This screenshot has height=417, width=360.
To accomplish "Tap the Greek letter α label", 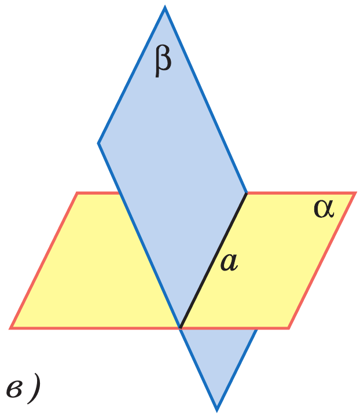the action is [x=324, y=209].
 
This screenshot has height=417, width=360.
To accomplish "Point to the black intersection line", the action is [x=214, y=261].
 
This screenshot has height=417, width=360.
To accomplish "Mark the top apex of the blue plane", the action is [x=164, y=8].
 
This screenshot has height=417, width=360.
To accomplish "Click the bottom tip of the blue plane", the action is [x=217, y=409].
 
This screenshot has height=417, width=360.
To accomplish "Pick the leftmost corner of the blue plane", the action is [x=98, y=142].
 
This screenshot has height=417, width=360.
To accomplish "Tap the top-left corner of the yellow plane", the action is [x=77, y=193].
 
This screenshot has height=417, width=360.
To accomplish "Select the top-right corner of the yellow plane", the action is [x=354, y=193].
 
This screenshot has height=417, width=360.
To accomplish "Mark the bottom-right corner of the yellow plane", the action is [x=289, y=328].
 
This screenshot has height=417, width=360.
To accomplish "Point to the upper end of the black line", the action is [x=247, y=193].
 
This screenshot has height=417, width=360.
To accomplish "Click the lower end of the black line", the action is [x=181, y=328].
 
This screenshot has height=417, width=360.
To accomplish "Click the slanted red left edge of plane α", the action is [x=44, y=261].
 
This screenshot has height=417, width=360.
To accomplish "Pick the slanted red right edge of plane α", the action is [x=321, y=261].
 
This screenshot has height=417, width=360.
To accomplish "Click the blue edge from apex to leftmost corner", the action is [x=131, y=75].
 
